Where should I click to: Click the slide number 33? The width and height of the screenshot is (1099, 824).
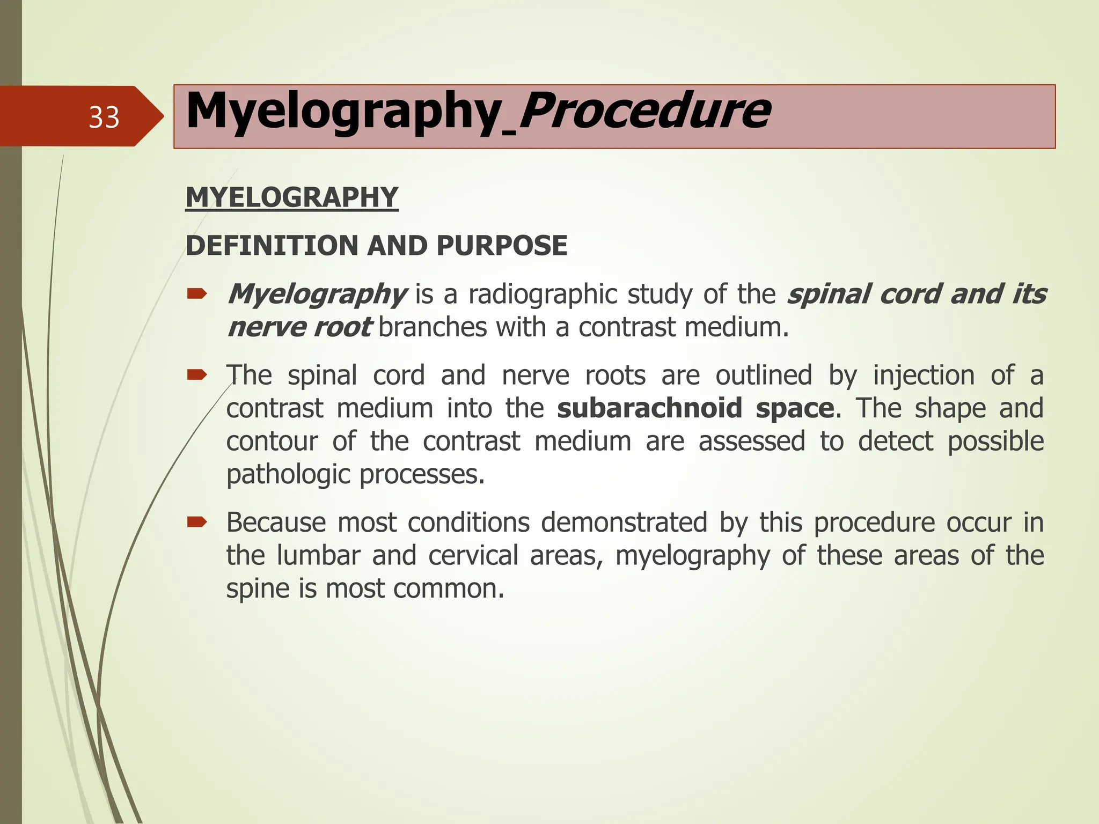tap(104, 117)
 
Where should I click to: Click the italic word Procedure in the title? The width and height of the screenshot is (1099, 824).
tap(644, 111)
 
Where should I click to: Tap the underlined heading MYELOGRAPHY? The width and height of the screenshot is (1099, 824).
tap(291, 197)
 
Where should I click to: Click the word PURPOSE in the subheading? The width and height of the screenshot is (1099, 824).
tap(502, 246)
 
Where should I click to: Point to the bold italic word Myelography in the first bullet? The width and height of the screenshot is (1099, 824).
tap(317, 295)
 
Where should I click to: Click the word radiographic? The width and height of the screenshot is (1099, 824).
tap(542, 295)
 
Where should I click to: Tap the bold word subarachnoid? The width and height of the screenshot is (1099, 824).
tap(649, 408)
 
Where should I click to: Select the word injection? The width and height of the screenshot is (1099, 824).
tap(924, 375)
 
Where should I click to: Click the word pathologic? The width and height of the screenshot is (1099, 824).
tap(288, 475)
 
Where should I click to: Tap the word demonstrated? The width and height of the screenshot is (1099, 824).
tap(624, 523)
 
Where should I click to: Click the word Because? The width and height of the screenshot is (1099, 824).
tap(276, 523)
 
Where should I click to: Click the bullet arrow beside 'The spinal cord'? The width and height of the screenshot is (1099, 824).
tap(196, 374)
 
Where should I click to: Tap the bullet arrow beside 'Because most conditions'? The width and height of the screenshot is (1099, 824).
tap(196, 522)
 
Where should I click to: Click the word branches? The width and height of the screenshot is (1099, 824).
tap(432, 327)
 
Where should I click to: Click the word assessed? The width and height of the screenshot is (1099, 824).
tap(751, 442)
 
